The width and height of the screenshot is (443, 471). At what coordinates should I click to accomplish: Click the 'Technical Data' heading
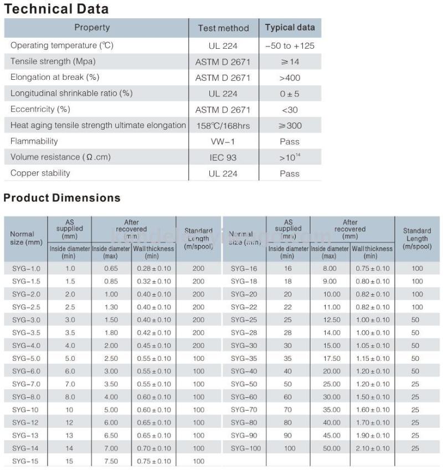pyautogui.click(x=56, y=9)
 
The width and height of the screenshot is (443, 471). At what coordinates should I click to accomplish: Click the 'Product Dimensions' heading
pyautogui.click(x=62, y=198)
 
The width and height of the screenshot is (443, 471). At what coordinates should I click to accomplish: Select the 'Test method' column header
pyautogui.click(x=223, y=28)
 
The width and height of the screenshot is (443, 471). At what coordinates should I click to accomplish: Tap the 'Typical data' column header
pyautogui.click(x=290, y=28)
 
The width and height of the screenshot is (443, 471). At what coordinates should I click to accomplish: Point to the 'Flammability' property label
pyautogui.click(x=34, y=141)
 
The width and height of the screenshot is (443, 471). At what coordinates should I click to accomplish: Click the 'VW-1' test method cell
pyautogui.click(x=223, y=141)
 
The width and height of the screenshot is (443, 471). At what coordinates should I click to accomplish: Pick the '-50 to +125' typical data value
pyautogui.click(x=290, y=45)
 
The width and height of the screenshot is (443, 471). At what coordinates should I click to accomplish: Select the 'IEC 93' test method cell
pyautogui.click(x=223, y=157)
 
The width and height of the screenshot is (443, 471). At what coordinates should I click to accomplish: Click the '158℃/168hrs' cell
pyautogui.click(x=223, y=125)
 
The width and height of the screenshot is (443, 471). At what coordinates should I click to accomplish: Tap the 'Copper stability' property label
pyautogui.click(x=40, y=173)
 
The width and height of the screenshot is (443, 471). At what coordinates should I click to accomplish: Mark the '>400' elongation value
pyautogui.click(x=290, y=78)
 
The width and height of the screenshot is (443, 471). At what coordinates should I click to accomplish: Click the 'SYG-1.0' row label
pyautogui.click(x=26, y=269)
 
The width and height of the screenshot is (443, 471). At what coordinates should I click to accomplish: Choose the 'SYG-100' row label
pyautogui.click(x=245, y=448)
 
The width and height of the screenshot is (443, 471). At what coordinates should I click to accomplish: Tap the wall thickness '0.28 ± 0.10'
pyautogui.click(x=154, y=269)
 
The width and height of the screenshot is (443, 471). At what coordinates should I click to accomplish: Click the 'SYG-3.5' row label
pyautogui.click(x=26, y=333)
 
